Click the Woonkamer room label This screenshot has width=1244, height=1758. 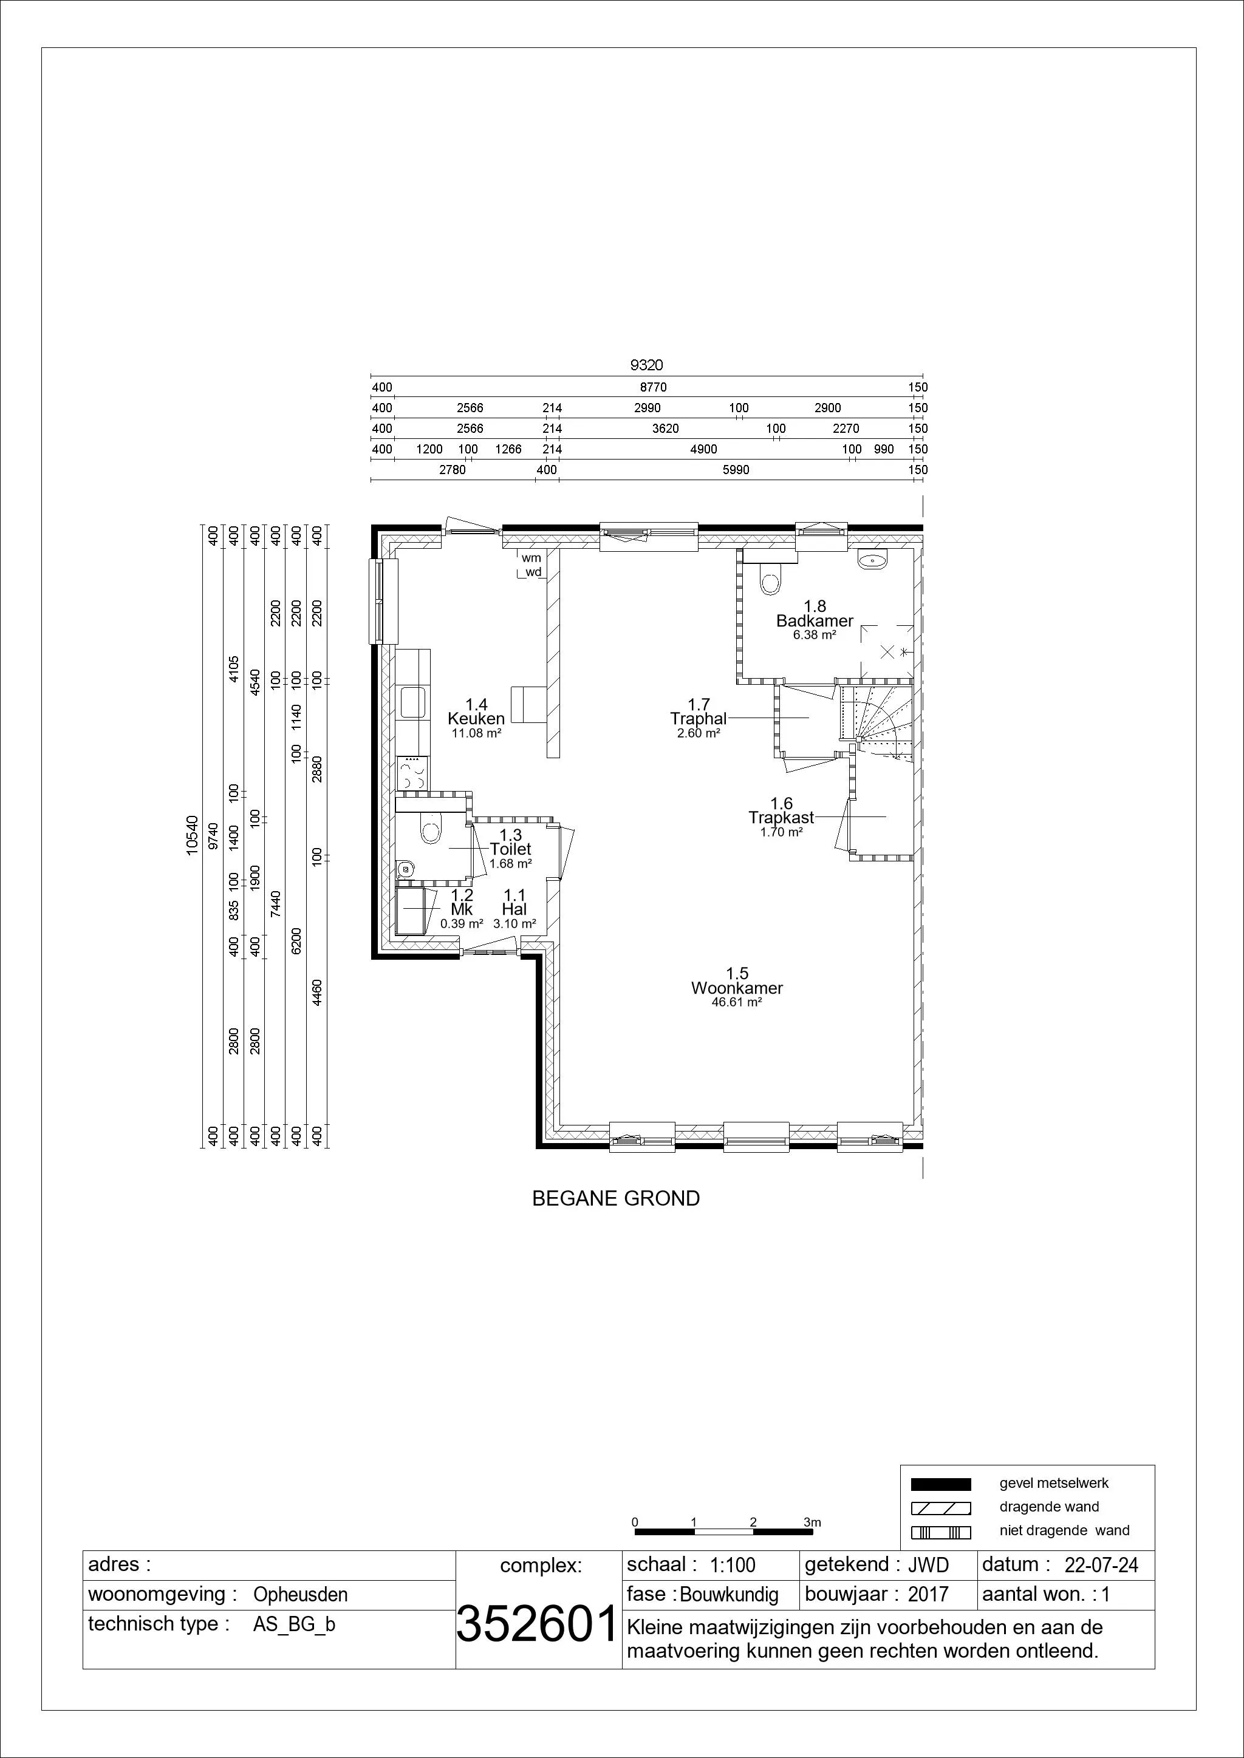coord(737,988)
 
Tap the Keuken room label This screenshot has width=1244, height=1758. coord(476,719)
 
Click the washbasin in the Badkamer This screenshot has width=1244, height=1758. coord(873,560)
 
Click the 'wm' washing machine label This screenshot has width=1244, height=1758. coord(531,558)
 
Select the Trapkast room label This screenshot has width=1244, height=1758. coord(781,818)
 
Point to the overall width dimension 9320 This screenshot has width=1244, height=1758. coord(646,366)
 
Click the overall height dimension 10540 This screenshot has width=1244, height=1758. coord(193,834)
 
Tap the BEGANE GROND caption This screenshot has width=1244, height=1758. coord(616,1198)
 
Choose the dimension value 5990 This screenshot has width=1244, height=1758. coord(736,470)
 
